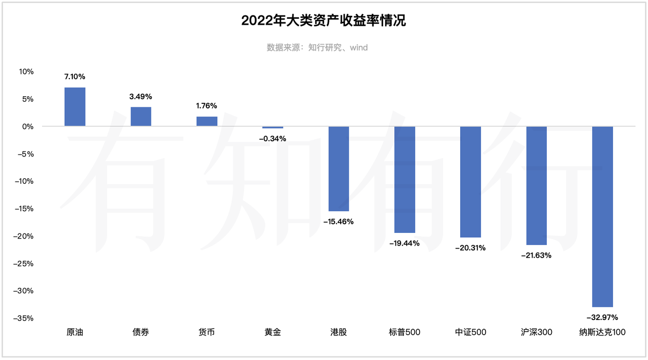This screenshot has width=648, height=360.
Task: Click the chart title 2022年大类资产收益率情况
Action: point(323,21)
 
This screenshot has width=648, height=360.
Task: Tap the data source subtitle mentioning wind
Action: point(317,48)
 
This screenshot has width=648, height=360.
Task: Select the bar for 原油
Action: point(75,107)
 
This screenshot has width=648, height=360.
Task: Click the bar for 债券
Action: point(141,116)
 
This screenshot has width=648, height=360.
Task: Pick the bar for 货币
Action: point(207,122)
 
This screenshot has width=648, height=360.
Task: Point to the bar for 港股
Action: point(339,169)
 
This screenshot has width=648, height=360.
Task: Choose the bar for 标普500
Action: point(404,179)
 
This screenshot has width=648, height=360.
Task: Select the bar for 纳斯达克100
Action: point(602,216)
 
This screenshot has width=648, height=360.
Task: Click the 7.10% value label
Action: point(75,77)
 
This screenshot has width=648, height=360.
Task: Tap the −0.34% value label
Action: point(273,138)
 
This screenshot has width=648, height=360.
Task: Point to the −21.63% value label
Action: point(536,256)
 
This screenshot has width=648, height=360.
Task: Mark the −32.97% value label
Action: point(602,317)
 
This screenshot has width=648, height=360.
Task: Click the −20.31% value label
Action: point(470,248)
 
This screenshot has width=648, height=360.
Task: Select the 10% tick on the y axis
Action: point(26,72)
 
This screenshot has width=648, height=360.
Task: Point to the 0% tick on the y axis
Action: point(28,127)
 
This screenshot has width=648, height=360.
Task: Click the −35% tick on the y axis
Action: point(23,318)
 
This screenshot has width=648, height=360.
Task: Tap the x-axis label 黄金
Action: point(273,333)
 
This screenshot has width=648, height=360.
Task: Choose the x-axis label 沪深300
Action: point(536,333)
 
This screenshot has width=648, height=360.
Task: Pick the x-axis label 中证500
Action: point(470,333)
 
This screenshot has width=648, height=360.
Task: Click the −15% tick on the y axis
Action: point(23,209)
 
